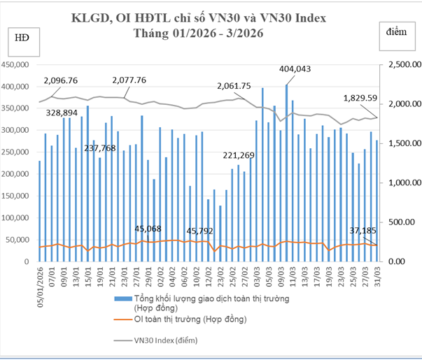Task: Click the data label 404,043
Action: tap(295, 69)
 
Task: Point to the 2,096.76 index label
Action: tap(61, 80)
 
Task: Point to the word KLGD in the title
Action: tap(90, 18)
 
